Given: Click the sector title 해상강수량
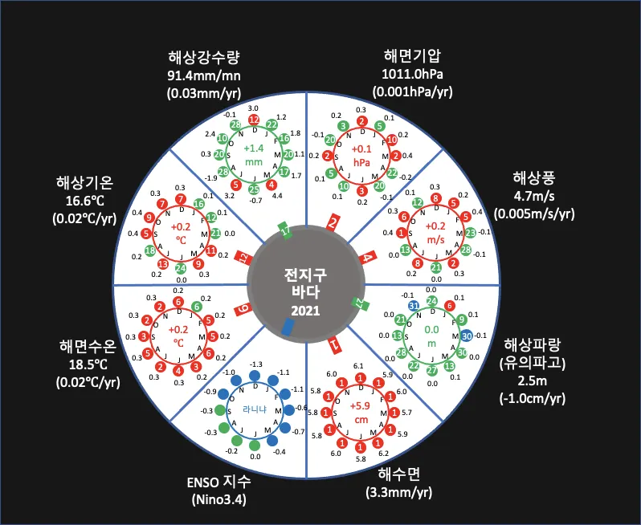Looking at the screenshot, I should pos(205,57).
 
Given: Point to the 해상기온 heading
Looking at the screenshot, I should pos(87,181).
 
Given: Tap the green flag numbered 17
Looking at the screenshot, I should pos(287,231).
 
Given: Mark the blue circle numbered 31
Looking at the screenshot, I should pos(413,306).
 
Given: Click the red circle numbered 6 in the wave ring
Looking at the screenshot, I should pos(450,306).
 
